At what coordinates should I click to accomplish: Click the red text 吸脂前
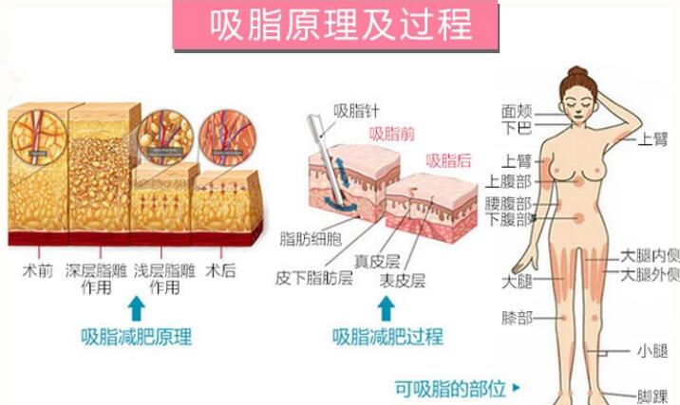coord(390,134)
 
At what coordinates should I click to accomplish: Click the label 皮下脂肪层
coord(313,279)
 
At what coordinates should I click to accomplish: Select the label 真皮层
coord(376,260)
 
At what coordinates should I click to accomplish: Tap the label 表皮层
coord(403,279)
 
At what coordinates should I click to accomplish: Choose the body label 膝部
coord(518,316)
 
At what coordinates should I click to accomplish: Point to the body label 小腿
coord(653,351)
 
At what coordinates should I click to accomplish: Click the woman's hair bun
coord(577,72)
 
